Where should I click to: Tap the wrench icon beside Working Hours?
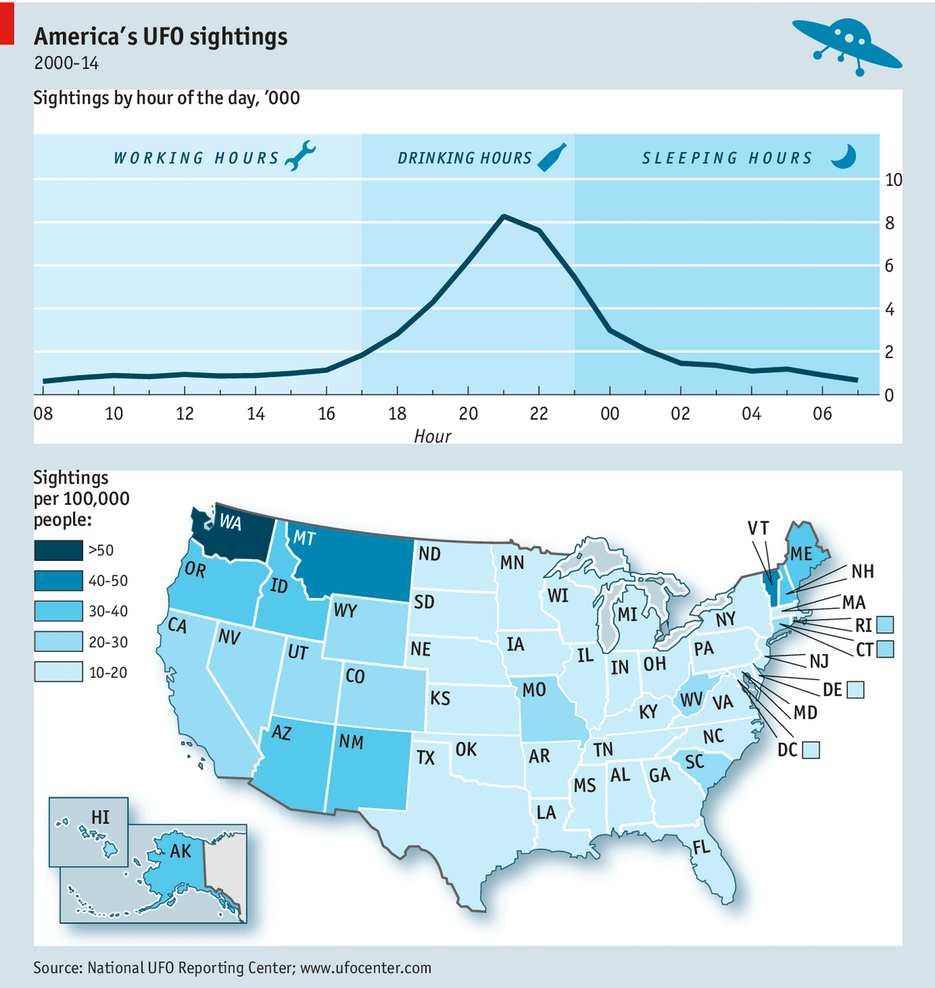(299, 156)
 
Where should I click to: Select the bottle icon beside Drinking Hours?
(551, 157)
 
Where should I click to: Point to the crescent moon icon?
(844, 156)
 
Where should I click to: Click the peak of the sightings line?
(504, 216)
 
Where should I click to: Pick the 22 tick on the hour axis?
(538, 413)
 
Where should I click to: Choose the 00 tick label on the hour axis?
(610, 413)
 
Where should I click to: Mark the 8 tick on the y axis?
(889, 224)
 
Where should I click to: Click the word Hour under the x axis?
(432, 436)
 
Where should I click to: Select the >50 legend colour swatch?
(58, 551)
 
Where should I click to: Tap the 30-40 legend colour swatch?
(58, 611)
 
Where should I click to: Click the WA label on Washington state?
(230, 522)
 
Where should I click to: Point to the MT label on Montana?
(304, 538)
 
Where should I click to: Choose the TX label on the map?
(425, 758)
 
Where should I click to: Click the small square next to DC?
(812, 750)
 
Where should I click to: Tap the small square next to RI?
(885, 625)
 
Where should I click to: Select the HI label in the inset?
(101, 818)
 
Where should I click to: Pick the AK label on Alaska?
(180, 851)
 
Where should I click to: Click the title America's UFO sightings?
(161, 37)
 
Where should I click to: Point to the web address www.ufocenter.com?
(365, 968)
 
